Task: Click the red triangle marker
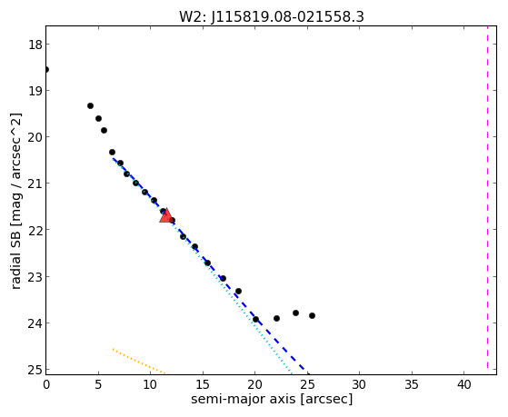(166, 216)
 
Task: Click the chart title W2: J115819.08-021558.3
(272, 16)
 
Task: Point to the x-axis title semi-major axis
(272, 399)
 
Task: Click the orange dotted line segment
(140, 362)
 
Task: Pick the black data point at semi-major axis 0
(46, 69)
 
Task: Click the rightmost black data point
(312, 315)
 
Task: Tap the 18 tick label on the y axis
(35, 45)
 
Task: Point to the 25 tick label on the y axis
(35, 370)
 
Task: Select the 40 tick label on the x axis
(464, 385)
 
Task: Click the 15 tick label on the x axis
(203, 385)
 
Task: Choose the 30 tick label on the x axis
(359, 385)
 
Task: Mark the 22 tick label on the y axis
(35, 230)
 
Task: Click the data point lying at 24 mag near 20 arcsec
(255, 319)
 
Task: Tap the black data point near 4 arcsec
(90, 105)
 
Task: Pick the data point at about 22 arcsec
(276, 318)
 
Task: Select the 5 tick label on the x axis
(98, 385)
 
